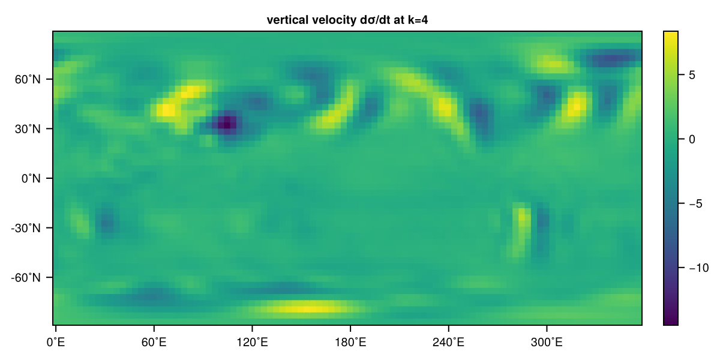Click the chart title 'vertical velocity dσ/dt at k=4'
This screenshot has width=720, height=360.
(347, 20)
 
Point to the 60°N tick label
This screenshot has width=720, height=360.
(28, 79)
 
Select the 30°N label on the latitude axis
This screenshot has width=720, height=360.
(28, 129)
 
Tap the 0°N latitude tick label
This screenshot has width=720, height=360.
(31, 178)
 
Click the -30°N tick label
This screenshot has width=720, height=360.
(26, 228)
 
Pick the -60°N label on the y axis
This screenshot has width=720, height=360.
(26, 278)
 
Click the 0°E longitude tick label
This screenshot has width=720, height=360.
(56, 343)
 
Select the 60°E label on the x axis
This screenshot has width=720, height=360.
(154, 343)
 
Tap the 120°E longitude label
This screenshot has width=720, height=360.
(253, 343)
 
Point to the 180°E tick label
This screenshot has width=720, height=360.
(350, 343)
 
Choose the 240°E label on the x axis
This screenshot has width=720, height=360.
(448, 343)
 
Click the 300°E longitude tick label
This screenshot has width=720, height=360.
(547, 343)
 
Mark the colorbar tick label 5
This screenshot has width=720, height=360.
(692, 75)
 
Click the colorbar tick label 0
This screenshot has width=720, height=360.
(692, 139)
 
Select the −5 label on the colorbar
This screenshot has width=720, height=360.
(695, 204)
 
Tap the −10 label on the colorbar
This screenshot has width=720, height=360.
(699, 268)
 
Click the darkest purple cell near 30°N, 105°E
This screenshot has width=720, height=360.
(227, 123)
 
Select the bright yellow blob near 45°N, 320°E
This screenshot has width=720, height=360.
(577, 105)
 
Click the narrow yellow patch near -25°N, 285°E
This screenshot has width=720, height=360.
(521, 218)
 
